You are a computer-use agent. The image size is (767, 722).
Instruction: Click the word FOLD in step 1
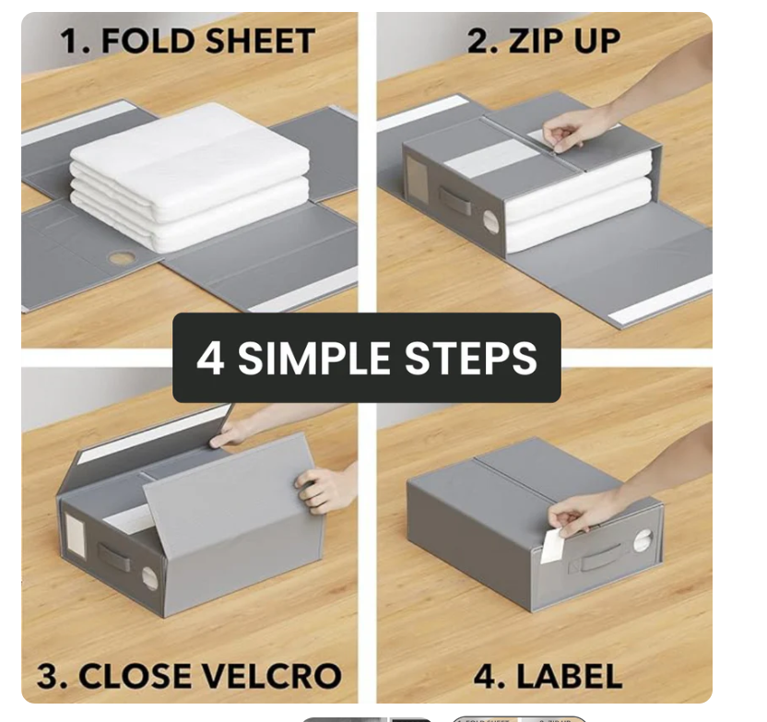tap(147, 41)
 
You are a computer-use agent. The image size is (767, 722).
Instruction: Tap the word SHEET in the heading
tap(258, 41)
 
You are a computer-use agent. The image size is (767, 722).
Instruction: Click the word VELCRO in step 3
tap(271, 676)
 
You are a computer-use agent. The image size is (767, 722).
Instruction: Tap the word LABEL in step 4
tap(569, 676)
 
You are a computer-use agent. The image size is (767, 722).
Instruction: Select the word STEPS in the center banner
tap(471, 358)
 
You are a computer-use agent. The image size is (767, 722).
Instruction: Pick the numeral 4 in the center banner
tap(211, 358)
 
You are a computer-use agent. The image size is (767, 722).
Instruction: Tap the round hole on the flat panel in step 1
tap(122, 258)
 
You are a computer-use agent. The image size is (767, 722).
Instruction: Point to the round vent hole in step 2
tap(491, 222)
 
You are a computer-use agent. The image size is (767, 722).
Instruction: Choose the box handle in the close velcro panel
tap(114, 557)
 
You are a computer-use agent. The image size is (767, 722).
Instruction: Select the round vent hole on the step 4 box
tap(643, 541)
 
